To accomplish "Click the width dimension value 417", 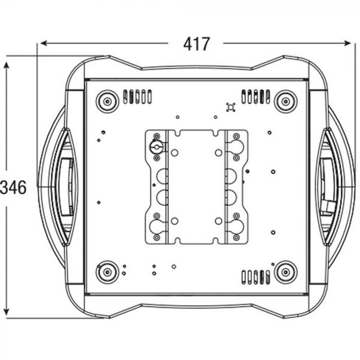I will pos(196,45).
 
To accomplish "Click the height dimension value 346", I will pos(13,188).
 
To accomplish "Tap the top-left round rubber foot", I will pos(107,101).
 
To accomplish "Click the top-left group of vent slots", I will pos(137,96).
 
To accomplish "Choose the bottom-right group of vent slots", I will pos(256,277).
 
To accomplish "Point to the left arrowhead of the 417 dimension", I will pos(43,43).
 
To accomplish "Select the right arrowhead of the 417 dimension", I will pos(351,43).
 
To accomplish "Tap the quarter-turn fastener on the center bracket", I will pos(156,146).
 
